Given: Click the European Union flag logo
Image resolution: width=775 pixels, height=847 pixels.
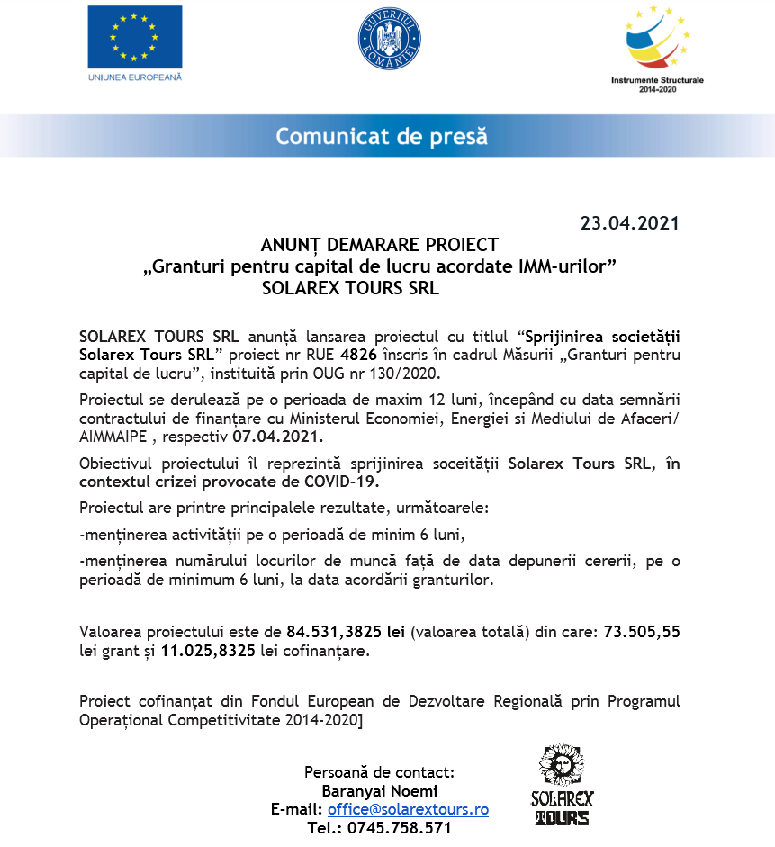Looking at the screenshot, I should (134, 37).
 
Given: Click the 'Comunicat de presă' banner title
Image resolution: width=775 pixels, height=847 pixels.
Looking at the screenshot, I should (382, 137).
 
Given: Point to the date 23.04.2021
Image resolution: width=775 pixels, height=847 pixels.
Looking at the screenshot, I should (629, 223).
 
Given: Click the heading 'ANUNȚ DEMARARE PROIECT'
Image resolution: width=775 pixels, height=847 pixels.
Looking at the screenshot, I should (379, 245).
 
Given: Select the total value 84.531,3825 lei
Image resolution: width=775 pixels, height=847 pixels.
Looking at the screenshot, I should (346, 632).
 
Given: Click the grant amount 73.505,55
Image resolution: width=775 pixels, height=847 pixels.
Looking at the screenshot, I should (642, 632).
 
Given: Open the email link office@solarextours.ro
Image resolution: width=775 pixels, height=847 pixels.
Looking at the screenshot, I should (407, 809).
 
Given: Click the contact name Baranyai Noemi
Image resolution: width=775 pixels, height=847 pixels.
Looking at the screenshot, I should (379, 791).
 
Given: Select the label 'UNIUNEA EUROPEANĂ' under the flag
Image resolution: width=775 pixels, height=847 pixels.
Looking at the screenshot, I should (134, 77).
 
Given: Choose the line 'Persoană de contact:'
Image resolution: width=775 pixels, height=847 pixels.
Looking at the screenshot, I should (379, 772).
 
